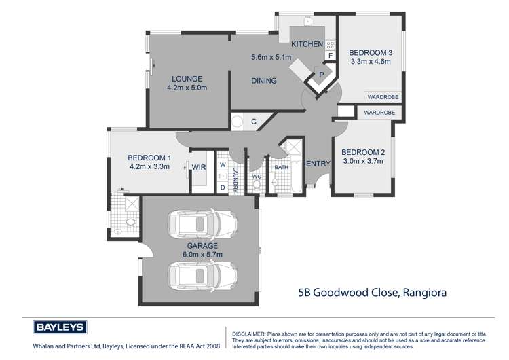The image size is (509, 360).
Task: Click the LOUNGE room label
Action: tap(188, 79)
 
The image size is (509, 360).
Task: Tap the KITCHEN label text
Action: tap(307, 44)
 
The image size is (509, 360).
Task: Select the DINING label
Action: tap(264, 81)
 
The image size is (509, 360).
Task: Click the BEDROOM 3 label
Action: tap(371, 52)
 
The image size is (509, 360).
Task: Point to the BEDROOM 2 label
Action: tap(362, 151)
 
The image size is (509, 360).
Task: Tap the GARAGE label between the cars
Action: tap(202, 245)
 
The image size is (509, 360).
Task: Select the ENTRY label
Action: tap(318, 164)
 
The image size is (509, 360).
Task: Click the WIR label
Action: tap(199, 166)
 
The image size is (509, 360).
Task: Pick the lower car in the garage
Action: tap(202, 274)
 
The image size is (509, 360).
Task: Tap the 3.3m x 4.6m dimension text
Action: tap(371, 62)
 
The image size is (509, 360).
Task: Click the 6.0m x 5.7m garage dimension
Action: tap(202, 254)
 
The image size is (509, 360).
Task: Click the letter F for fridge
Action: tap(331, 56)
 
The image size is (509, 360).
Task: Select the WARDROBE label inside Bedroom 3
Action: tap(383, 96)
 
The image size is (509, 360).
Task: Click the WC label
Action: tap(257, 176)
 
